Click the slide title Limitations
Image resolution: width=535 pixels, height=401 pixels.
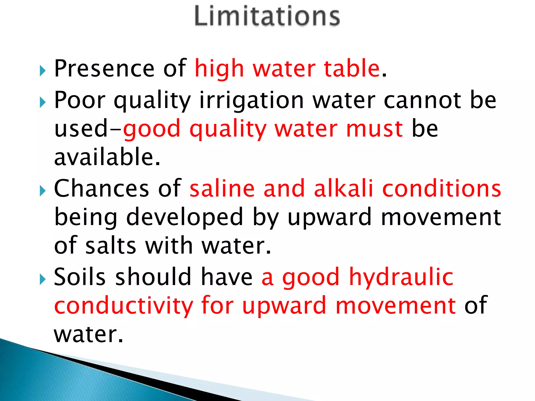click(267, 16)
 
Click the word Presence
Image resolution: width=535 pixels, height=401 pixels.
click(104, 68)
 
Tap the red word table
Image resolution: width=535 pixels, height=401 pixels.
click(352, 68)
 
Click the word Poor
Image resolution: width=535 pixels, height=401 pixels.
click(80, 100)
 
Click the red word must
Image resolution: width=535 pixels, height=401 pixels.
click(374, 129)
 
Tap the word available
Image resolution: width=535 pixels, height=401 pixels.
click(107, 157)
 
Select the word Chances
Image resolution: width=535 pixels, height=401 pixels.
click(102, 188)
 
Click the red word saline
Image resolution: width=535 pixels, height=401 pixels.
click(222, 188)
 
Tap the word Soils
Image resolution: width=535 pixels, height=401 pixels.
click(80, 277)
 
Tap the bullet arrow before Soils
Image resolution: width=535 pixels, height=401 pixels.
click(43, 279)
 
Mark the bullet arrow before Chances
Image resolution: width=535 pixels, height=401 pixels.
click(43, 191)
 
